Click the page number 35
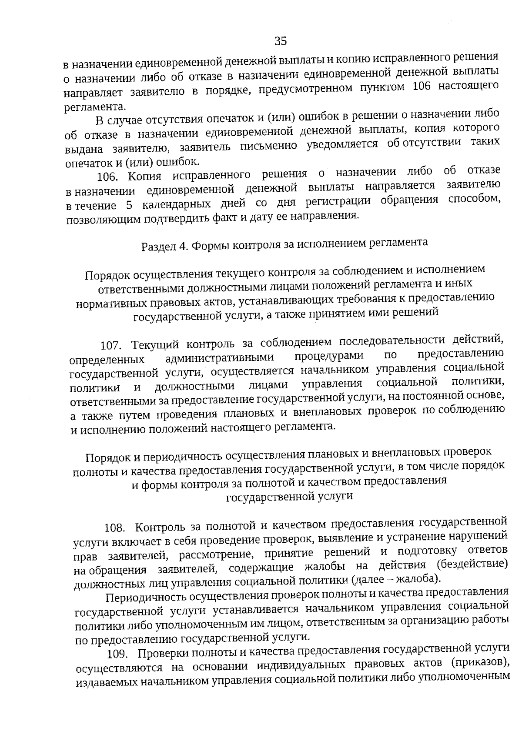(281, 41)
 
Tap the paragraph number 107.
(110, 346)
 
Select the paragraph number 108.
(114, 528)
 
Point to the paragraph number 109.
(117, 654)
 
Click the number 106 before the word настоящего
(420, 87)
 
